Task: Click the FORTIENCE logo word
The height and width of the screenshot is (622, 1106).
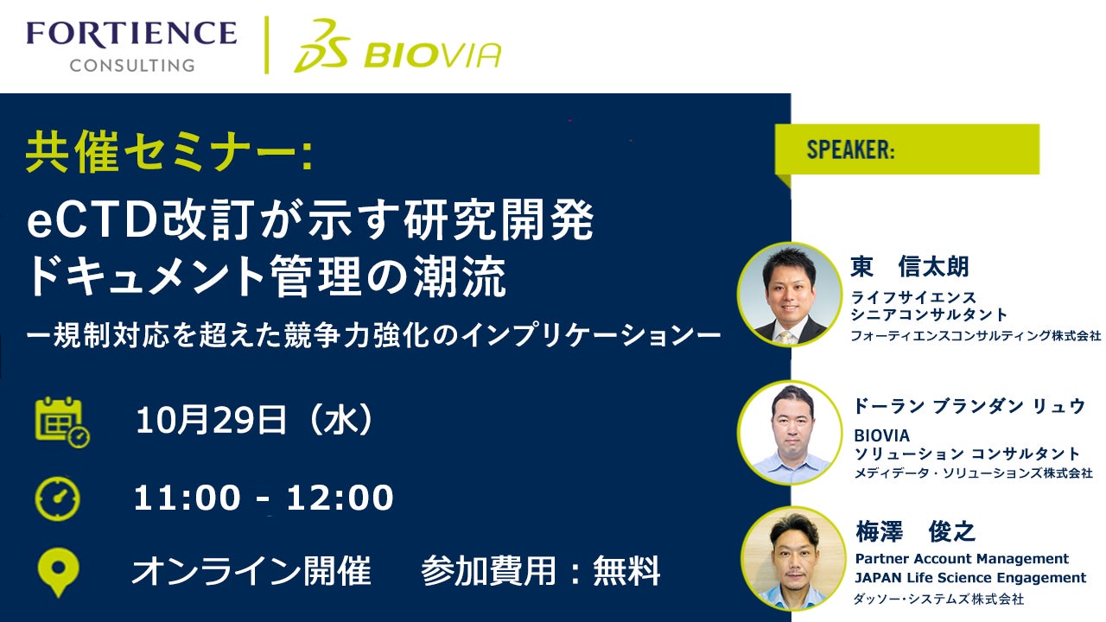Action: (132, 33)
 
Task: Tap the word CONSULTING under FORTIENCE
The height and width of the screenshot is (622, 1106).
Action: (132, 65)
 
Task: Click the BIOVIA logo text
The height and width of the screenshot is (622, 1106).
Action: (433, 54)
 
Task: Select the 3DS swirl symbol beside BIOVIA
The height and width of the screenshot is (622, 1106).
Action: (322, 46)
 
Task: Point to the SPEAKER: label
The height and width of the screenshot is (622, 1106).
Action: (850, 149)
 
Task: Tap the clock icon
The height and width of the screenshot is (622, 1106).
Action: (58, 498)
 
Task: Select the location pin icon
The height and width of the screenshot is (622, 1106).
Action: (58, 572)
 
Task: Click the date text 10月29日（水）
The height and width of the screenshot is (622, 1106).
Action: (254, 421)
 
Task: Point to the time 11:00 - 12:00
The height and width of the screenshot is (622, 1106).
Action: (264, 498)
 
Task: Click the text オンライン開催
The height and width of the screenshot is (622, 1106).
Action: (251, 571)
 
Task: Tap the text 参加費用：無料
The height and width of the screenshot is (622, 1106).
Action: (541, 571)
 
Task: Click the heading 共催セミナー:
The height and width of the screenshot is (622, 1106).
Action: (168, 151)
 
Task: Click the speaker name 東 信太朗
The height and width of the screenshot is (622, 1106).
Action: (910, 267)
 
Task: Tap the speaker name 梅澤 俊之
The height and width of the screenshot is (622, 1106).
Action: (915, 531)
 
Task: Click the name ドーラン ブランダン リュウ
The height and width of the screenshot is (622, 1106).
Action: (969, 406)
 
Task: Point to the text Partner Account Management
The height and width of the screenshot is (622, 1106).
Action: (962, 558)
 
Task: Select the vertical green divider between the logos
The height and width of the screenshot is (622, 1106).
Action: (267, 45)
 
